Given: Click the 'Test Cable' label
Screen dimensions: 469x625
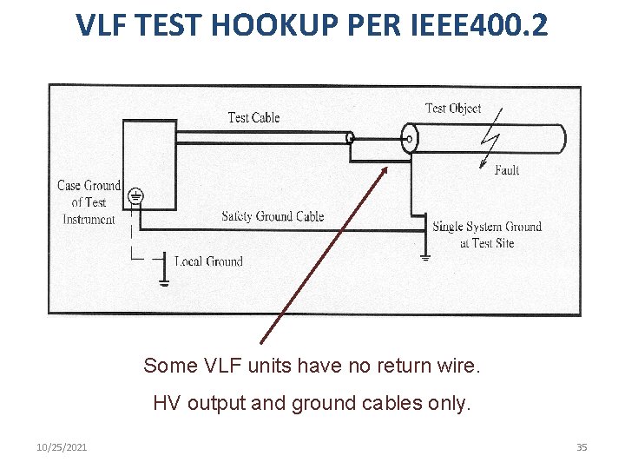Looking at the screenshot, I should pos(253,117).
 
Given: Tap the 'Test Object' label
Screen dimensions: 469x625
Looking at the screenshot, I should pos(452,109).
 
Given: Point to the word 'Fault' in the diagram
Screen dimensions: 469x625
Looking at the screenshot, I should pos(507,170).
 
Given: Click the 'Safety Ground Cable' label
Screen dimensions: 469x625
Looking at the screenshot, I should pos(273,216).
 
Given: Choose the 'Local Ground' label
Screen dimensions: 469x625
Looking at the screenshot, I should pos(208,261).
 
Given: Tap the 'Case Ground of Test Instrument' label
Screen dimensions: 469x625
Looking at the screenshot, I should pos(89,202).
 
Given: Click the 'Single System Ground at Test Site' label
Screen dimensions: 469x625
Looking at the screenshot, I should pos(487,234).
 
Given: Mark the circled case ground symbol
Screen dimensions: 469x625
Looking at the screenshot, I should pos(135,197).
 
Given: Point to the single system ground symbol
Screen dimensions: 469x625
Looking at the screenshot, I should pos(424,254).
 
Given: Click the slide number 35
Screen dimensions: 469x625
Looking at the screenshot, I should pos(582,447).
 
